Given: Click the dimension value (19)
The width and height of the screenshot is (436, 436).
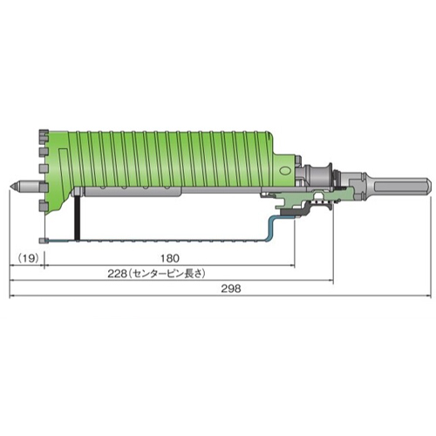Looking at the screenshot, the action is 29,258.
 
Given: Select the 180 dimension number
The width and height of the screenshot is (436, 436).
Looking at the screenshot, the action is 170,258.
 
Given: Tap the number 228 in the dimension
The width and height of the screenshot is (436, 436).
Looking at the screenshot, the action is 117,274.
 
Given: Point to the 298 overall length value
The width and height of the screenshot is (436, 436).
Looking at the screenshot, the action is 231,289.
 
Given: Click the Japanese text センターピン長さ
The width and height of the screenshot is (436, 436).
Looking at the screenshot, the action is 167,274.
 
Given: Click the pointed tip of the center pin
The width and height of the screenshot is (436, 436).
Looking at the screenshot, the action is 10,185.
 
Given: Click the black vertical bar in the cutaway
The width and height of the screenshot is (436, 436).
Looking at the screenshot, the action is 77,218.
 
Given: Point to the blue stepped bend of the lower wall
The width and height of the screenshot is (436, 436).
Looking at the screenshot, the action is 271,228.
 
